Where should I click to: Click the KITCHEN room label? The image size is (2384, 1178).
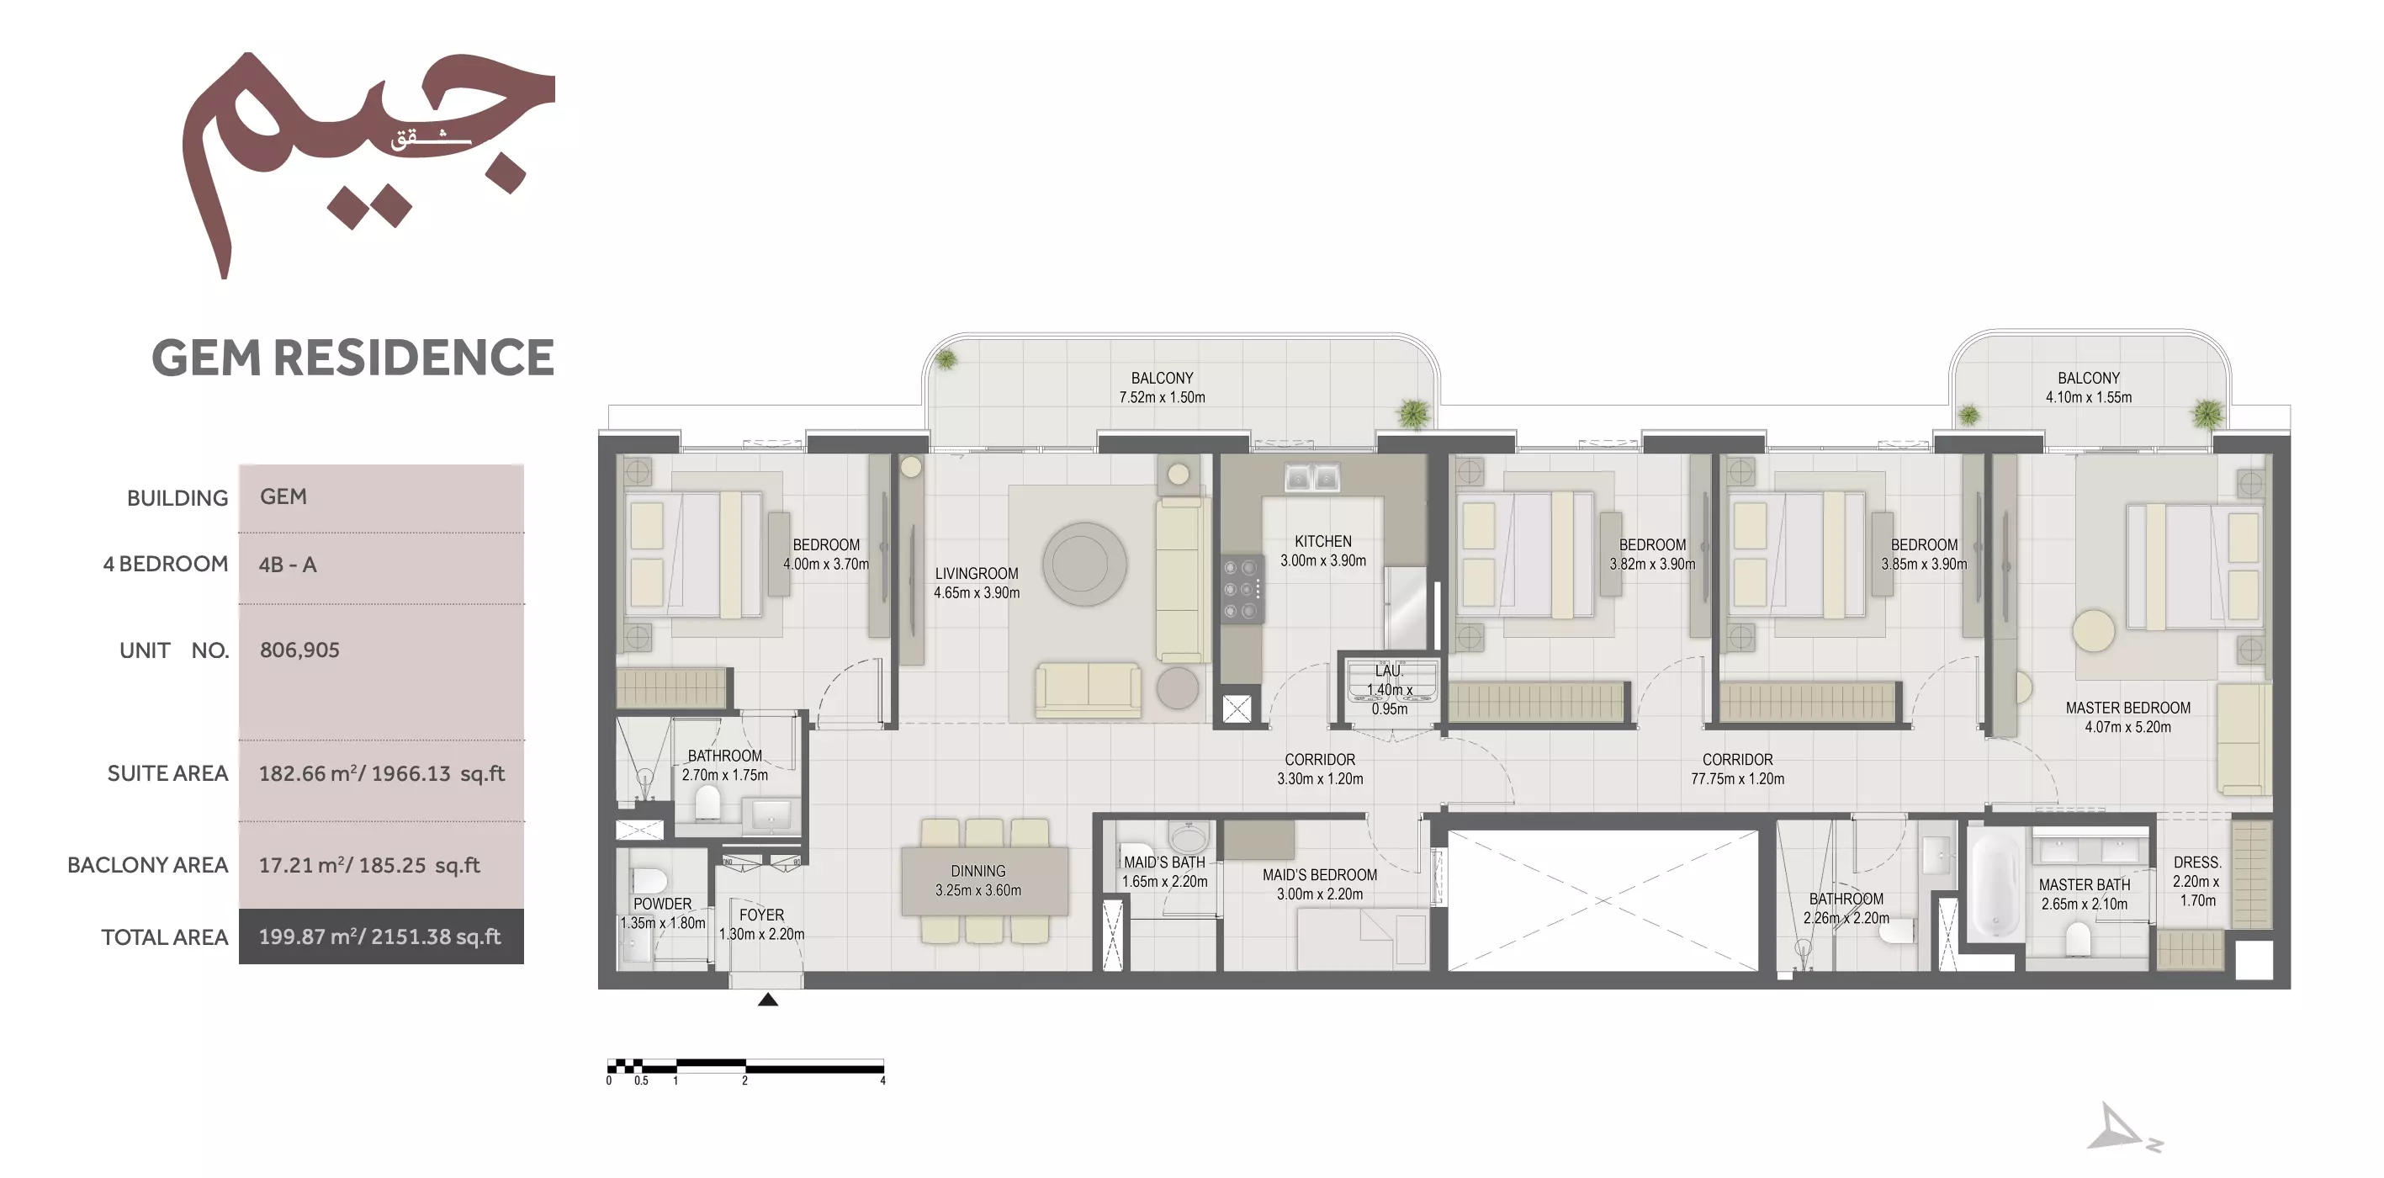1322,541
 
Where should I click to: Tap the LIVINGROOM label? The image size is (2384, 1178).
977,574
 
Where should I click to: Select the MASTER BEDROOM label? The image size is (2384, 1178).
2127,708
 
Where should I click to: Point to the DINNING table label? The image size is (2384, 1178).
977,872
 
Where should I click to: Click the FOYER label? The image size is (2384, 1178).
760,915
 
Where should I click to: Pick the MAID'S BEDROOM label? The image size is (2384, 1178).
1320,875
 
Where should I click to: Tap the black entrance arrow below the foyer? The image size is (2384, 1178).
767,1000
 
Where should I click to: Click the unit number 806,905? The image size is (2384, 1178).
299,650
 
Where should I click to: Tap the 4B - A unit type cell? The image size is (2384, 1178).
288,565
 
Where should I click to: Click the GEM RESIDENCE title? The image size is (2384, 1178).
352,358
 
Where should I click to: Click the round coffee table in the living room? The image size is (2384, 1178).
1083,564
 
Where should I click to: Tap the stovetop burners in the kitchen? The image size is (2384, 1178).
1240,588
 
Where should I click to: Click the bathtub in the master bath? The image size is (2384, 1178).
1995,884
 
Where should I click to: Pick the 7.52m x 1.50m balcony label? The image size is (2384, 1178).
1162,398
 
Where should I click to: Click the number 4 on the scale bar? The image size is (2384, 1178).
883,1081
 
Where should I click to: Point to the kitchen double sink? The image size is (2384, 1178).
1312,477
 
